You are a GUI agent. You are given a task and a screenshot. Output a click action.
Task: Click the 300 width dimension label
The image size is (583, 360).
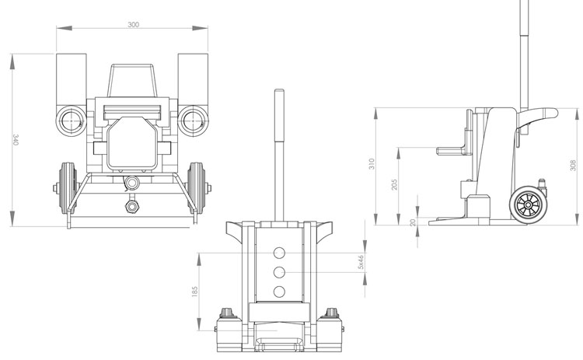133,25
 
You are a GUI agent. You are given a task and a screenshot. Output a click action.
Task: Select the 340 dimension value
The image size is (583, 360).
15,140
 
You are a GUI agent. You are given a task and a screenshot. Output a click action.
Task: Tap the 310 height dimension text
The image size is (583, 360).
372,164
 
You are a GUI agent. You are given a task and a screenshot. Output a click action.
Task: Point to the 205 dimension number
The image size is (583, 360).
394,185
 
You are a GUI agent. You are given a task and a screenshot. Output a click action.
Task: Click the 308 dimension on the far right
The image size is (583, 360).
572,165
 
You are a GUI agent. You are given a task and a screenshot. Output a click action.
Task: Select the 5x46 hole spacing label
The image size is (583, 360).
360,262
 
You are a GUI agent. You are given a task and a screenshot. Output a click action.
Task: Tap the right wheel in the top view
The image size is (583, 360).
200,187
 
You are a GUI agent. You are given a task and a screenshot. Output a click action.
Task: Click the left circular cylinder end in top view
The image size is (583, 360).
71,121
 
